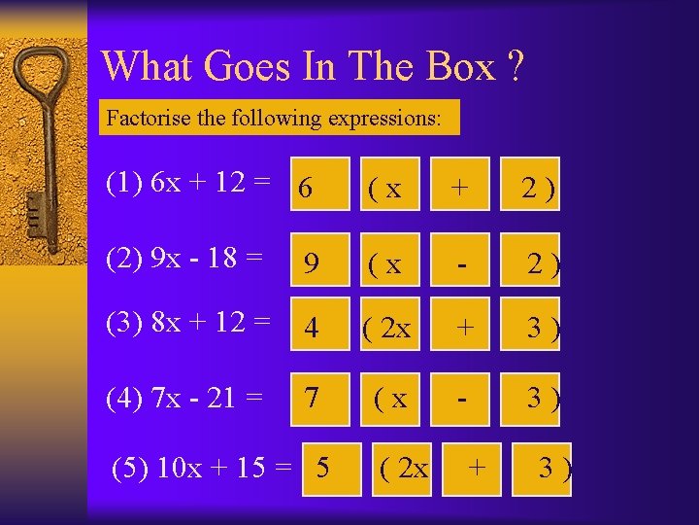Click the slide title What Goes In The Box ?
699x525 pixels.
pyautogui.click(x=313, y=66)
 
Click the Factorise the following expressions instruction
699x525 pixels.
pyautogui.click(x=275, y=119)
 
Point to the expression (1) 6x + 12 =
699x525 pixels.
pyautogui.click(x=189, y=182)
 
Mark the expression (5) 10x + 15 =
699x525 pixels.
pyautogui.click(x=202, y=468)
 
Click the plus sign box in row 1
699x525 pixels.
pyautogui.click(x=459, y=185)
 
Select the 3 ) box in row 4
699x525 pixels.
pyautogui.click(x=540, y=397)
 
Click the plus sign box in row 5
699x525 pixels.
pyautogui.click(x=476, y=469)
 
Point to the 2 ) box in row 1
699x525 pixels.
pyautogui.click(x=536, y=185)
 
